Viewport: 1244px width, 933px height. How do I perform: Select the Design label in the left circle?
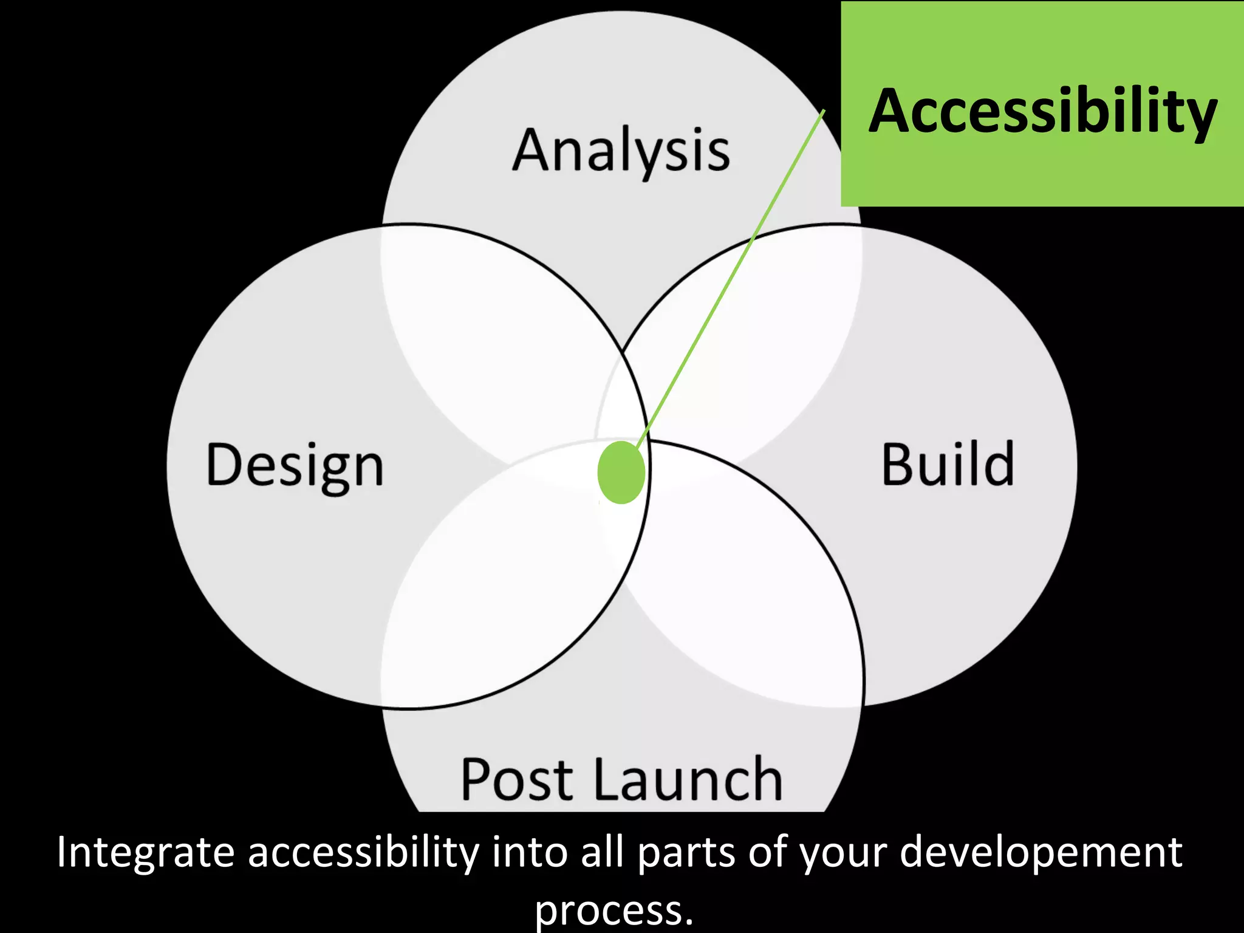(x=295, y=465)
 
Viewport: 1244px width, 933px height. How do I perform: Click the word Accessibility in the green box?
(x=1042, y=112)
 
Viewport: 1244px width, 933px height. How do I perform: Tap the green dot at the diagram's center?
(x=621, y=473)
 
